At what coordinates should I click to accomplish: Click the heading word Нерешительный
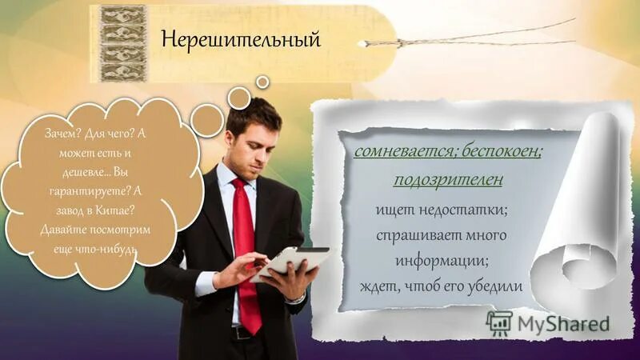[241, 39]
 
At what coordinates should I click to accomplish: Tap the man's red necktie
[246, 240]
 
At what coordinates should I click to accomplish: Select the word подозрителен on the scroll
[448, 179]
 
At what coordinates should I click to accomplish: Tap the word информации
[441, 261]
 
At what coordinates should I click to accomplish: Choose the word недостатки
[467, 210]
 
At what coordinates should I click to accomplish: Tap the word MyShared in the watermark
[563, 324]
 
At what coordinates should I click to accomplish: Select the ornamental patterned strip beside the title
[123, 43]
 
